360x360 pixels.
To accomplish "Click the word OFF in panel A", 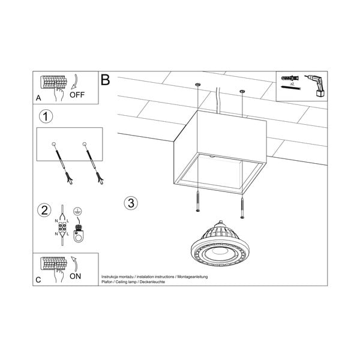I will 77,94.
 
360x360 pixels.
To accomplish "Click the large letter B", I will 106,79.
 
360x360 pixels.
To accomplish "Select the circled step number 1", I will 43,116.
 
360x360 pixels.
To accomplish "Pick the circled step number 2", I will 43,209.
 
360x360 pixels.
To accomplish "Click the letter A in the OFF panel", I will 38,97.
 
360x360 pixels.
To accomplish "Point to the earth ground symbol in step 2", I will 76,211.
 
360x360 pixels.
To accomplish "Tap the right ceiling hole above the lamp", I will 242,91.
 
